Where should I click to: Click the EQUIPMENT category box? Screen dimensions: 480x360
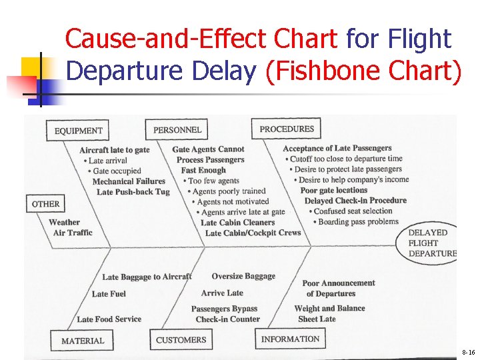point(78,131)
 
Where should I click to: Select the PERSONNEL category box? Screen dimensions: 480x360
point(177,129)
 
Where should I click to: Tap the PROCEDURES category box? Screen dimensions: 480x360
point(286,129)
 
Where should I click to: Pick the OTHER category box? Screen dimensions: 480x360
point(45,204)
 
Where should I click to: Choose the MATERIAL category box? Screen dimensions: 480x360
point(83,341)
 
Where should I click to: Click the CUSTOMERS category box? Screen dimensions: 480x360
point(181,340)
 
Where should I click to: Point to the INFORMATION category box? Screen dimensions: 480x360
point(290,339)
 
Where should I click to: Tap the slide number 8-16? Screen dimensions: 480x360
point(467,351)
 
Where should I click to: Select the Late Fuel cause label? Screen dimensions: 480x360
point(109,294)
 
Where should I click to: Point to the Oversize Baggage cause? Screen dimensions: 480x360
point(243,276)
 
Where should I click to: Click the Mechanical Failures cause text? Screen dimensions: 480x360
point(129,181)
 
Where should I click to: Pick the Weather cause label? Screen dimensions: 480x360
point(64,222)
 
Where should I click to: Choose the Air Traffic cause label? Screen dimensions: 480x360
point(73,233)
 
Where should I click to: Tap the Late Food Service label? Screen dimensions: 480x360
point(109,319)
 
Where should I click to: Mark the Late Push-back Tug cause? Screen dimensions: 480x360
point(133,192)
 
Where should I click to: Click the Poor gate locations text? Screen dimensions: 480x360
point(334,190)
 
